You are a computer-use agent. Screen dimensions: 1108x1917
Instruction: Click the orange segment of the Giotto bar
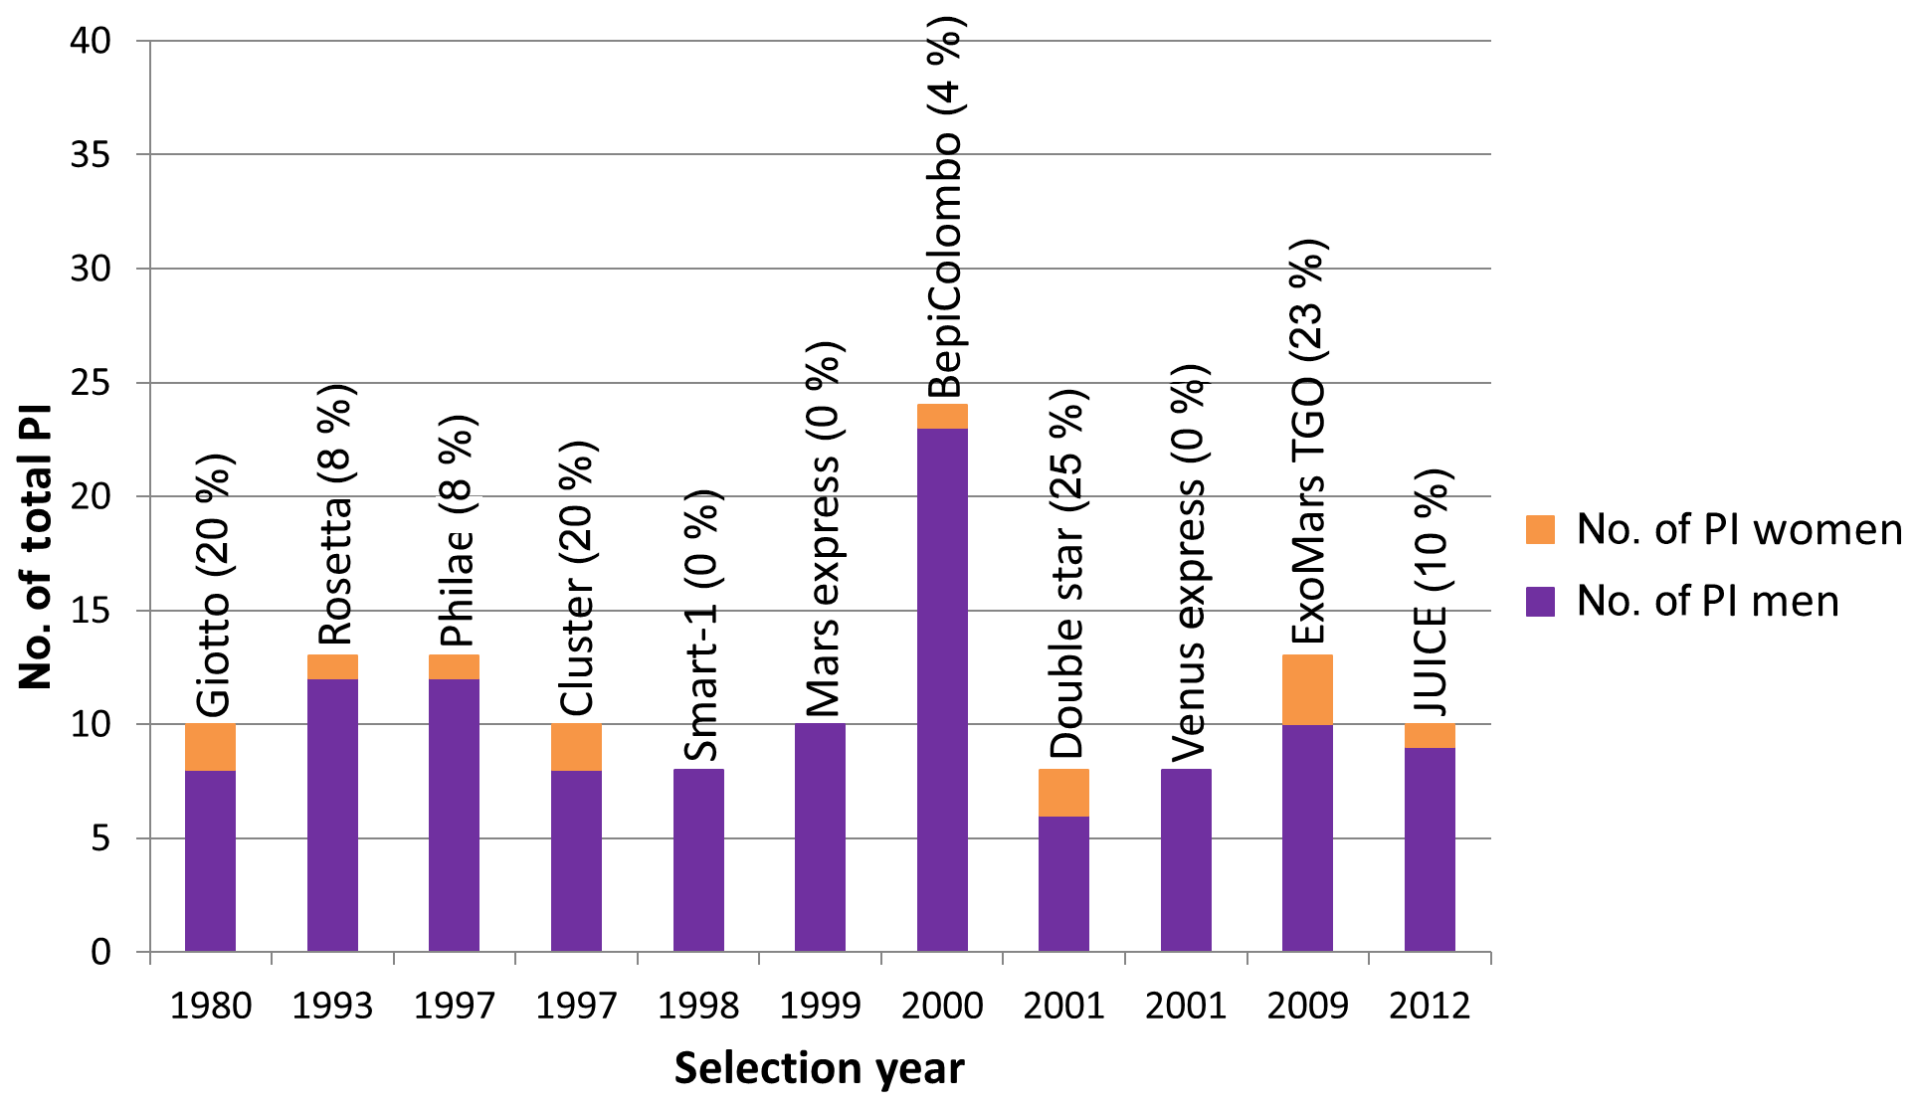[210, 747]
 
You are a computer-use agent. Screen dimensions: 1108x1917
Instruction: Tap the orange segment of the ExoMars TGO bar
[1307, 689]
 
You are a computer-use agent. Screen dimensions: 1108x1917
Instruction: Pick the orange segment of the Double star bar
[1063, 793]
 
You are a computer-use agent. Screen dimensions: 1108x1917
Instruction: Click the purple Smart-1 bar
[698, 860]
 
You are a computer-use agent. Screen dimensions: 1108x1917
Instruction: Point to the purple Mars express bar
[820, 837]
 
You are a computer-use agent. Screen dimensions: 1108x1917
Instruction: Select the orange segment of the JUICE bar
[1430, 735]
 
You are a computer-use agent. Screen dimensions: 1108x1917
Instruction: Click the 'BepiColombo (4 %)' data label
[944, 209]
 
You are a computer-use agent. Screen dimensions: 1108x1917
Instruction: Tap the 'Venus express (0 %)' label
[1188, 564]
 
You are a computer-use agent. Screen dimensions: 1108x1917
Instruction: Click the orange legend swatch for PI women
[1540, 529]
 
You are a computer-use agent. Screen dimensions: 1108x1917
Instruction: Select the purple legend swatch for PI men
[1540, 602]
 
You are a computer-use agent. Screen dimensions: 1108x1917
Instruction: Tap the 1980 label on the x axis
[210, 1007]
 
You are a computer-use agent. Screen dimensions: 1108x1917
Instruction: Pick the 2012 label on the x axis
[1430, 1007]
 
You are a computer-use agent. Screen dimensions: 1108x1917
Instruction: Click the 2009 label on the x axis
[1307, 1007]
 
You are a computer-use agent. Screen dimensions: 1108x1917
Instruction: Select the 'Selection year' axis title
[819, 1069]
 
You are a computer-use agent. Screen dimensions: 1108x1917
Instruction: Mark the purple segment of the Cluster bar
[576, 860]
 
